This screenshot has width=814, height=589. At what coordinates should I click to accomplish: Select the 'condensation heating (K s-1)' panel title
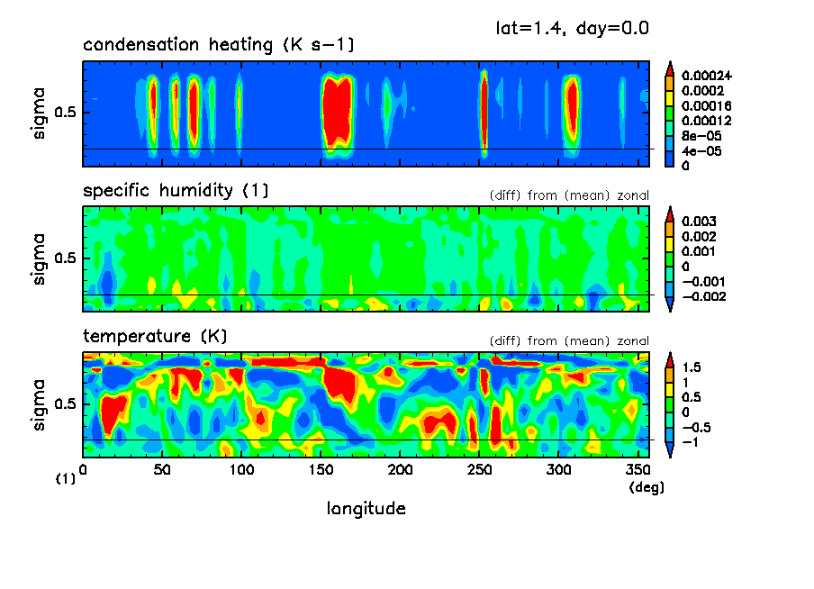pyautogui.click(x=213, y=45)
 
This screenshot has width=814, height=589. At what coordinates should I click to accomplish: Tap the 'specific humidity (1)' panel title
pyautogui.click(x=176, y=191)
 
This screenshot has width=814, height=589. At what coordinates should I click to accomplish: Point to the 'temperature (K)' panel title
pyautogui.click(x=155, y=337)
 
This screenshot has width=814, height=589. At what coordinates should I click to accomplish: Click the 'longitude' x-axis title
pyautogui.click(x=366, y=509)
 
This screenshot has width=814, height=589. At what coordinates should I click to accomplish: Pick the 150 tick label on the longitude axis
pyautogui.click(x=321, y=469)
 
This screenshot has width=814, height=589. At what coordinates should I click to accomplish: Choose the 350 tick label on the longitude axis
pyautogui.click(x=638, y=469)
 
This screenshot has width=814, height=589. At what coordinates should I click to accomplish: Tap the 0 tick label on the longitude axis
pyautogui.click(x=83, y=469)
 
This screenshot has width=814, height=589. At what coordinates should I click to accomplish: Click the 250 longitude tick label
pyautogui.click(x=480, y=469)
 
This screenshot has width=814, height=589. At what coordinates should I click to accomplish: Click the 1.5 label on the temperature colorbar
pyautogui.click(x=692, y=367)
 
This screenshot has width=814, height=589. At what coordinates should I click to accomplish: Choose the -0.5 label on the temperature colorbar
pyautogui.click(x=695, y=428)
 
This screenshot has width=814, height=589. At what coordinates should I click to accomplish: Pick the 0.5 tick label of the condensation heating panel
pyautogui.click(x=69, y=113)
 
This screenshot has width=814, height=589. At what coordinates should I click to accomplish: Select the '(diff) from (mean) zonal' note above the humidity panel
pyautogui.click(x=569, y=195)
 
